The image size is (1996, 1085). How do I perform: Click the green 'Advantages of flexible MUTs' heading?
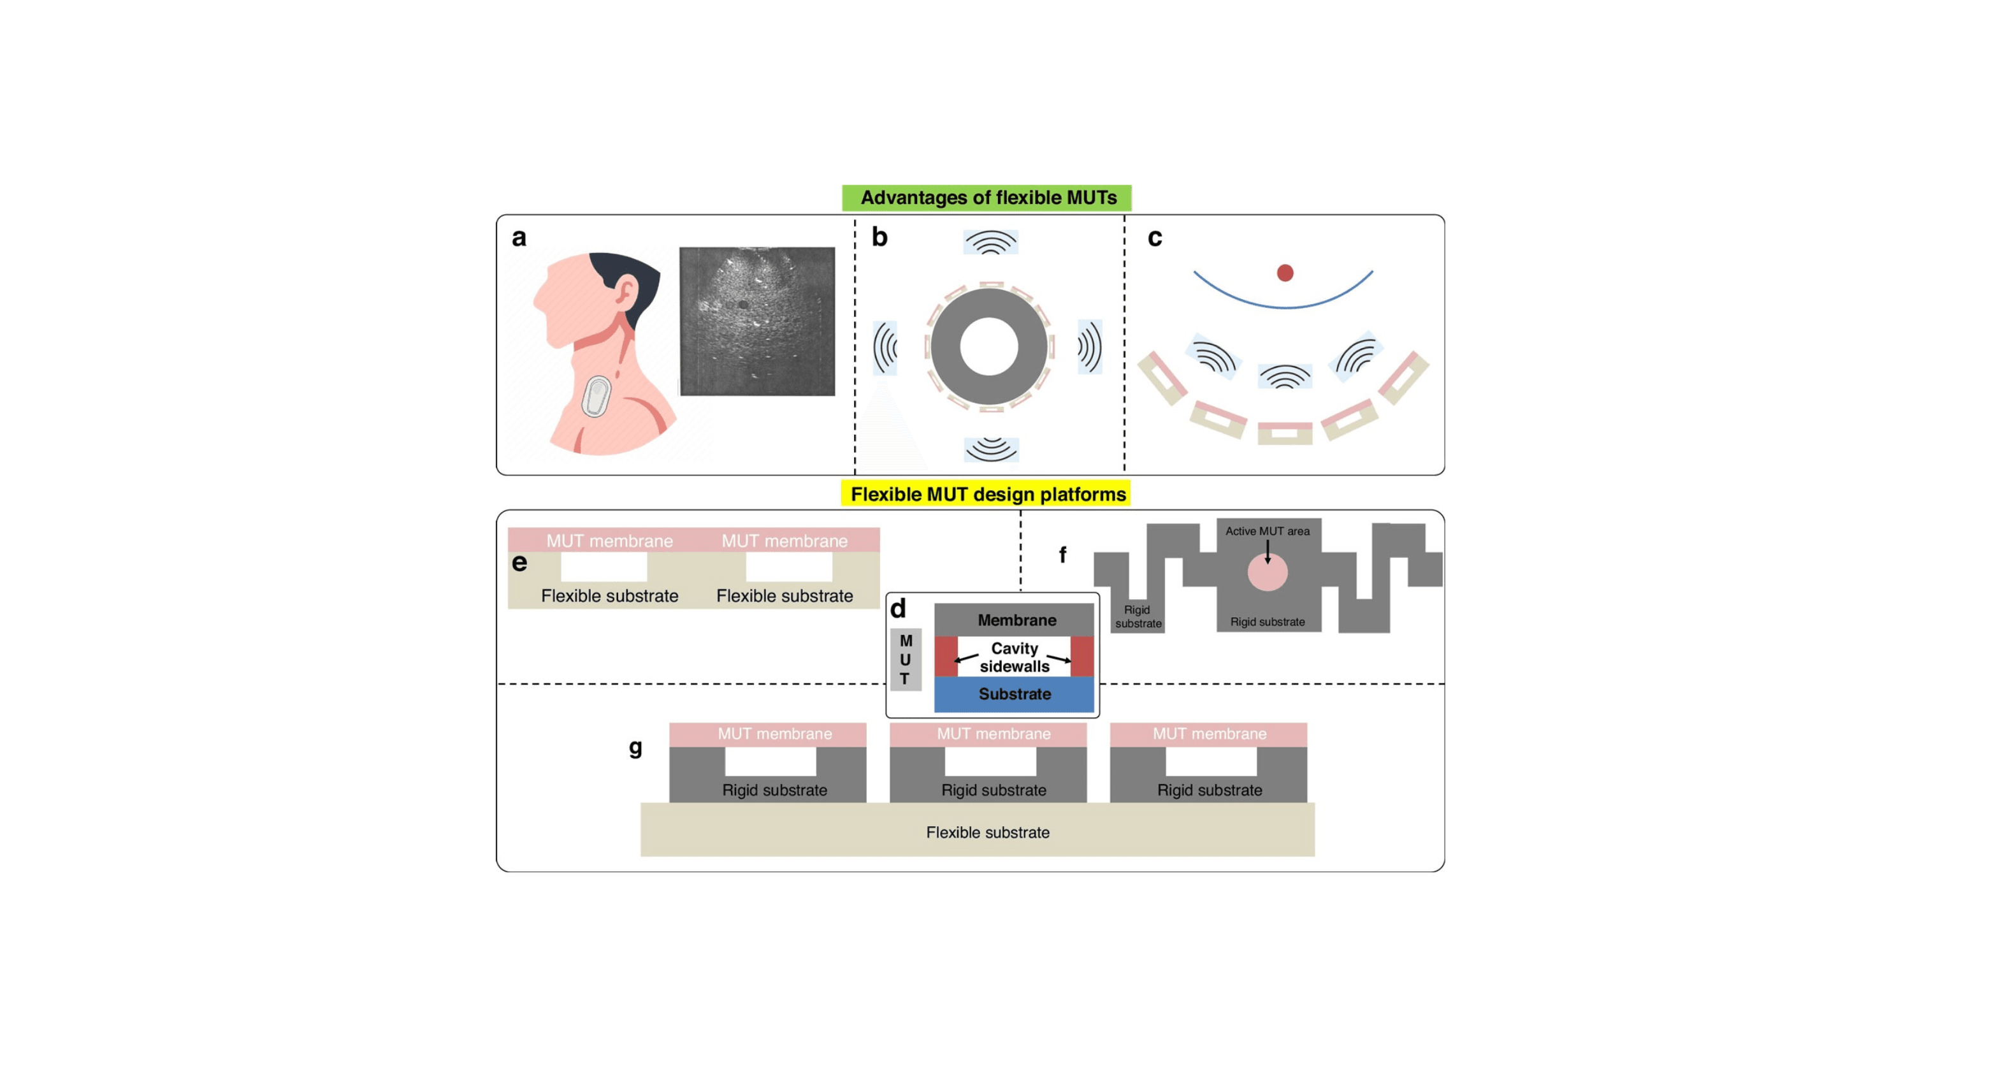(987, 198)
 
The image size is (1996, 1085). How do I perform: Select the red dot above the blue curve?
(1285, 273)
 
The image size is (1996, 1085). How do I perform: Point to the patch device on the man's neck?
(596, 396)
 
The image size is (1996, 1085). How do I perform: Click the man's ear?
(625, 294)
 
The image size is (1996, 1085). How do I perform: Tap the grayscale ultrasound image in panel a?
(757, 322)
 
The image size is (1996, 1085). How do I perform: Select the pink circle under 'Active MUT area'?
(1268, 572)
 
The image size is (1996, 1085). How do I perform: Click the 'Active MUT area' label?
(1268, 531)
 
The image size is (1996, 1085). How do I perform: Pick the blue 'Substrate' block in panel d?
(1015, 694)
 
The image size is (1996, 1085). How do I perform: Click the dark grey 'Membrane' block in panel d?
(1015, 620)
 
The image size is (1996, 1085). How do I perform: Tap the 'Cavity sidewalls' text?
(1015, 657)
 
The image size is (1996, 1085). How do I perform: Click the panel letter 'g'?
(635, 748)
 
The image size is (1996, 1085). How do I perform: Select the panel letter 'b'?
(879, 237)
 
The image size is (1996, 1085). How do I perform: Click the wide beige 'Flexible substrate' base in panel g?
(977, 829)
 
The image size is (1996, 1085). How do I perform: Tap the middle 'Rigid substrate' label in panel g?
(994, 790)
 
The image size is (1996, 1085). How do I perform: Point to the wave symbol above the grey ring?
(990, 243)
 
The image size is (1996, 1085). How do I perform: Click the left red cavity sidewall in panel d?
(946, 657)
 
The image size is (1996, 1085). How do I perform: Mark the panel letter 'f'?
(1062, 554)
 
